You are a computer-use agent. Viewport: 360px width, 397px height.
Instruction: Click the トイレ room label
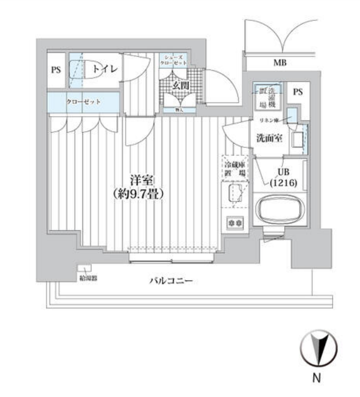point(105,69)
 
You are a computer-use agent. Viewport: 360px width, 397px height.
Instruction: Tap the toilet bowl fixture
point(81,68)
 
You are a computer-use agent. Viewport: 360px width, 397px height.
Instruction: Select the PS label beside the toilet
point(56,70)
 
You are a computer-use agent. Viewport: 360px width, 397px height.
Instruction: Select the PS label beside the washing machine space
point(298,92)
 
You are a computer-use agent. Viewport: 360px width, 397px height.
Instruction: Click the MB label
point(280,62)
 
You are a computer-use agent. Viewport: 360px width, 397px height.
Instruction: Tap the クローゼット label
point(83,102)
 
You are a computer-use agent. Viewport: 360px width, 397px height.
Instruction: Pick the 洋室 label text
point(141,181)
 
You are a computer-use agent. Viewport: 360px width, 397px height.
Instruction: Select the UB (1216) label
point(282,177)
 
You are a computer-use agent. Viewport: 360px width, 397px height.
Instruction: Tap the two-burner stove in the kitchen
point(235,223)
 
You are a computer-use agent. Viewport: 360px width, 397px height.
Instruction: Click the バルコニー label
point(170,281)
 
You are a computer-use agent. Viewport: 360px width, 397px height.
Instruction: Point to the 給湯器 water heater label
point(86,278)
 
